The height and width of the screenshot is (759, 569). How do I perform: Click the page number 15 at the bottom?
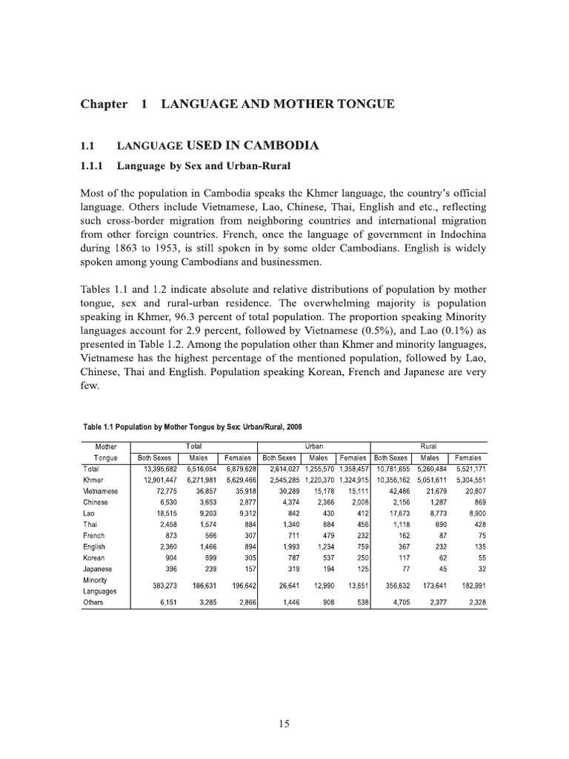coord(284,725)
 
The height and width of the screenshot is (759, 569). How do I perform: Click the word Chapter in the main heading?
coord(104,105)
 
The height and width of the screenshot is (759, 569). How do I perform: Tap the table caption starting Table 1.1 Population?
coord(193,426)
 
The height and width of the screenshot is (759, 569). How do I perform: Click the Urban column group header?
coord(313,447)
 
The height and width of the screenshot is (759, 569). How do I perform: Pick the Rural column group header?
coord(428,447)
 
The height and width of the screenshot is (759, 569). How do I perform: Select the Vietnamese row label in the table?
coord(100,491)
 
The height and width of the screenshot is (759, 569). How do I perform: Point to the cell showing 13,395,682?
coord(156,469)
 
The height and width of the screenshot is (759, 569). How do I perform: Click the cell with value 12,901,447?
coord(156,480)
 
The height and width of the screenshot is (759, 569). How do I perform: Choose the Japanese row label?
coord(98,569)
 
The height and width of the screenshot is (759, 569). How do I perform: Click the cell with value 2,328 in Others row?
coord(471,603)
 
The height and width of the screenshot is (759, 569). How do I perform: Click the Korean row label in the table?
coord(94,557)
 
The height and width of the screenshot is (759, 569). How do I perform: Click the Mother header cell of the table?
coord(106,447)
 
